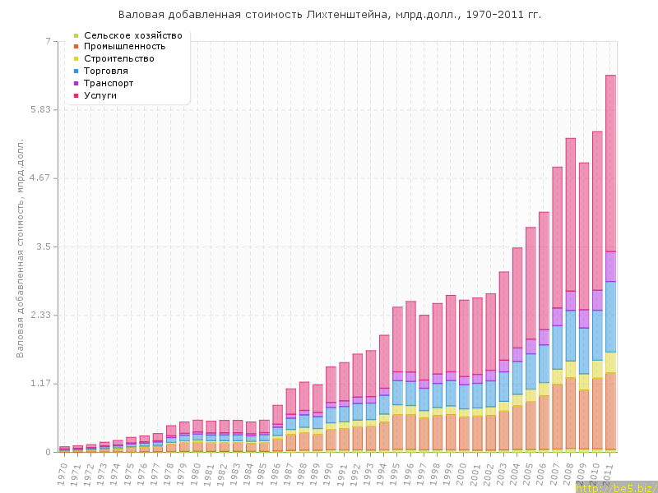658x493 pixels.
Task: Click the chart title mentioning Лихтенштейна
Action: coord(330,15)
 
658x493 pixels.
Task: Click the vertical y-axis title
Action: coord(21,246)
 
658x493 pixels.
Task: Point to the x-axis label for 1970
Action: coord(63,472)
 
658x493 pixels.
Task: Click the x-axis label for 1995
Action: coord(396,472)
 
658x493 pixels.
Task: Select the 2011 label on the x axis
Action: coord(609,472)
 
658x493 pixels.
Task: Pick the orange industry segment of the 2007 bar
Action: coord(558,416)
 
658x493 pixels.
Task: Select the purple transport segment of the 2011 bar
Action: coord(611,266)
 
